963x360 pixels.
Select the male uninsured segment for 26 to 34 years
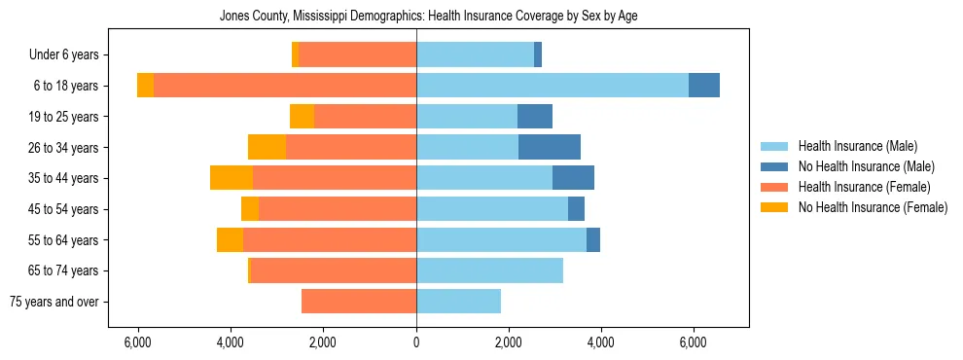(550, 147)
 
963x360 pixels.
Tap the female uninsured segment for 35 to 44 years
(232, 178)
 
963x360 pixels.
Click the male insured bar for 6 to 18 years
(553, 86)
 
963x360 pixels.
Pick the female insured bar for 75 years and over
(359, 302)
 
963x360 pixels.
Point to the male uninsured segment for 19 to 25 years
(535, 117)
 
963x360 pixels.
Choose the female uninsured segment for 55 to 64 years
(230, 239)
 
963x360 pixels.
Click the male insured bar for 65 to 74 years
(489, 270)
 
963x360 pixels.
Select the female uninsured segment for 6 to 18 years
(145, 86)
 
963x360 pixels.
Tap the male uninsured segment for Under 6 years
(538, 54)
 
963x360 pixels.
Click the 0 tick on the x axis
(416, 342)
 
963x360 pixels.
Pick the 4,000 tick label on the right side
(600, 342)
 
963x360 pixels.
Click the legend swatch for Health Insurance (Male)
(775, 146)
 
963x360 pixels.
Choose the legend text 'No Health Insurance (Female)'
(872, 207)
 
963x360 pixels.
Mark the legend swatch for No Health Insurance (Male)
(775, 166)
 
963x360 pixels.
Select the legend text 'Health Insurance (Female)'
(864, 187)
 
